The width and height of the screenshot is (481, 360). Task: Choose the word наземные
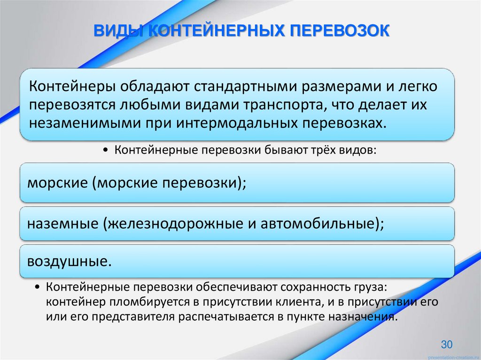61,224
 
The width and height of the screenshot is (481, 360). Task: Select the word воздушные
70,261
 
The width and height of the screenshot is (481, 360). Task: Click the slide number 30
447,345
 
